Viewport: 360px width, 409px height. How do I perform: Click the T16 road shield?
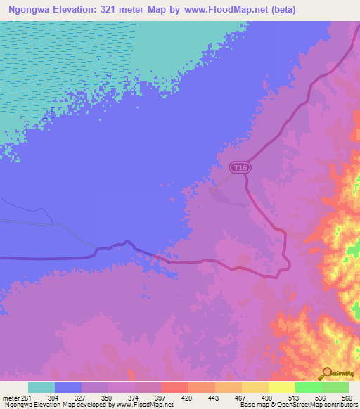(240, 167)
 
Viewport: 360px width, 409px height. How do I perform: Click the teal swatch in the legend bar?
(41, 387)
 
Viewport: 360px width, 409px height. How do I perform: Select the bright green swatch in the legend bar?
(309, 387)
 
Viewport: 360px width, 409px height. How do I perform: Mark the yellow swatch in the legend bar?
(282, 387)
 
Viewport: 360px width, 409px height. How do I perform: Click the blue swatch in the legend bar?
(68, 387)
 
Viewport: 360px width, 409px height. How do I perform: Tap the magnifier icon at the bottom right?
(326, 372)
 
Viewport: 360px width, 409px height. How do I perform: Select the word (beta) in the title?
(279, 10)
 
